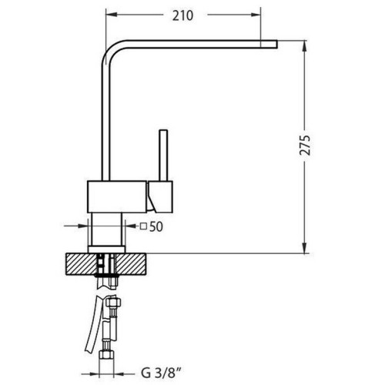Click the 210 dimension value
coord(182,15)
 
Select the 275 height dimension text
coord(305,145)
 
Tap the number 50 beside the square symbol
coord(156,226)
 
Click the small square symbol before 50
coord(143,226)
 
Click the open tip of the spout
coord(276,44)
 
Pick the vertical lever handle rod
coord(163,156)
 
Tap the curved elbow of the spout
coord(112,51)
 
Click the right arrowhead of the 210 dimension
coord(255,15)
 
